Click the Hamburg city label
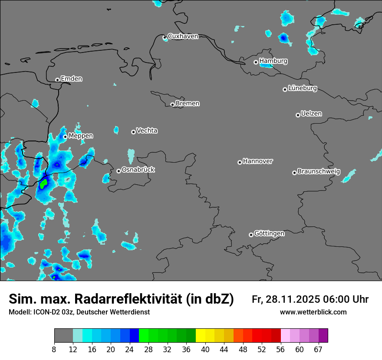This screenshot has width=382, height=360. (x=273, y=61)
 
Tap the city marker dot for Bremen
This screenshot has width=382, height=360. (x=172, y=105)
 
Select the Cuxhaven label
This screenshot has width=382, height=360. (x=183, y=36)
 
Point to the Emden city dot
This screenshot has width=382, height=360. (x=57, y=80)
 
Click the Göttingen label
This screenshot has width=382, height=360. (x=269, y=234)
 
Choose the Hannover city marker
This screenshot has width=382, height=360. (x=240, y=163)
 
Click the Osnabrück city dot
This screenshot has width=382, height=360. (x=119, y=171)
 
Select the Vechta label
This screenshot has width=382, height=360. (x=147, y=131)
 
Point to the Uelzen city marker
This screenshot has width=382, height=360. (x=298, y=115)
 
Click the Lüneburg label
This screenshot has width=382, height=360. (x=302, y=88)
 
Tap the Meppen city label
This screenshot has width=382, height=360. (x=81, y=136)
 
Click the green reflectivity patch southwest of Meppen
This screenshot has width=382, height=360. (x=43, y=184)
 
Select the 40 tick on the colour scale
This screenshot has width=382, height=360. (x=205, y=349)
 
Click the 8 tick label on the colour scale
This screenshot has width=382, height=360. (x=54, y=349)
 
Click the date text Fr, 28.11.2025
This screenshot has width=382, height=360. (x=286, y=299)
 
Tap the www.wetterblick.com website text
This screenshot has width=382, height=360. (x=313, y=312)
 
